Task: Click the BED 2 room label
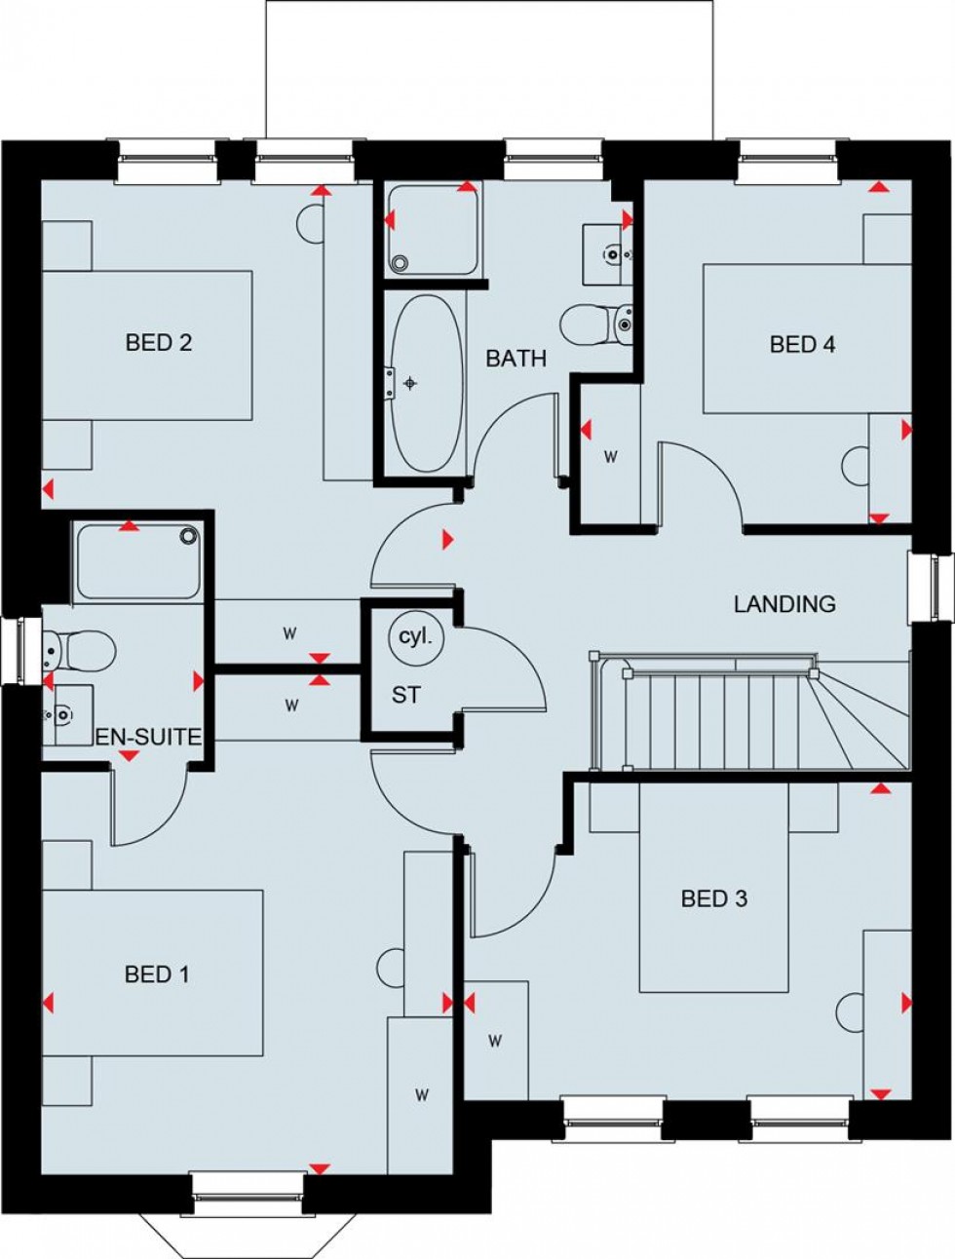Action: [x=158, y=342]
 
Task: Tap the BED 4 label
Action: [x=802, y=344]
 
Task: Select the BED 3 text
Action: [x=713, y=898]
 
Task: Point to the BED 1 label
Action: [x=157, y=973]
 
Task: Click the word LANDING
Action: [x=784, y=604]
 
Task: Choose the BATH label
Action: [x=516, y=359]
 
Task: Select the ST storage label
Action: [x=406, y=696]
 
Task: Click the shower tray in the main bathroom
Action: [x=434, y=229]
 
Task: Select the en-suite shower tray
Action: [x=136, y=562]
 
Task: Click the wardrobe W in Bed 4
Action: [x=612, y=456]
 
